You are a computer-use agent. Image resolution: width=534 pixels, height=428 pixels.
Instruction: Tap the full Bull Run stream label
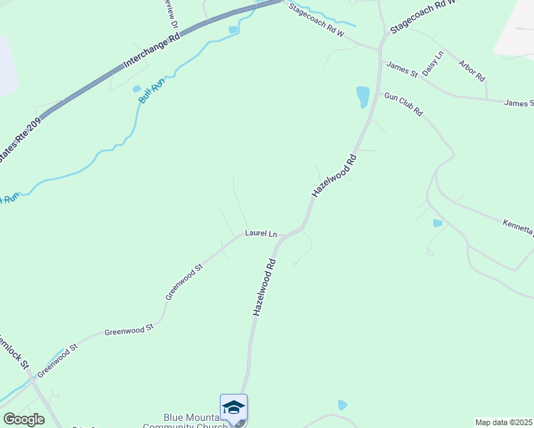[151, 91]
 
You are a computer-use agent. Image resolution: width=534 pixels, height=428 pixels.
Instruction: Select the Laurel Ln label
[261, 233]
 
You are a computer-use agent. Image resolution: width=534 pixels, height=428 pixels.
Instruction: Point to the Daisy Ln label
[433, 63]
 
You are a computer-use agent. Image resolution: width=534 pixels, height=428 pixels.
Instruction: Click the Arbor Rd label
[473, 70]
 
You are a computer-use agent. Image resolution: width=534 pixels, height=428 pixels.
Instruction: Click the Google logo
[24, 419]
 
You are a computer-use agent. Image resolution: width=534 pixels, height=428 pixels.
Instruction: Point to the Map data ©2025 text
[503, 422]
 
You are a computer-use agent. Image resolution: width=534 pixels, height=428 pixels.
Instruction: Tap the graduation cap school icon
[233, 407]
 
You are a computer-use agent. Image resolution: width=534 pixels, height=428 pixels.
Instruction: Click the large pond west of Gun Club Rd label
[363, 97]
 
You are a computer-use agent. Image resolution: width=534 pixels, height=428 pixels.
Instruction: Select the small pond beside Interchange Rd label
[233, 29]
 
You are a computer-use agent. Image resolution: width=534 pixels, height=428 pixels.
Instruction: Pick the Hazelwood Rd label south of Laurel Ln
[264, 287]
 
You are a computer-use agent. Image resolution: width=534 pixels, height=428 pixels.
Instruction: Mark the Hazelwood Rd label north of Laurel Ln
[333, 175]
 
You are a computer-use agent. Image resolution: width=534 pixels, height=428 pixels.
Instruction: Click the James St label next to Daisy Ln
[401, 69]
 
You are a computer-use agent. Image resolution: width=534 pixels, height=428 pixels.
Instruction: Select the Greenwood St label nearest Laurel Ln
[184, 281]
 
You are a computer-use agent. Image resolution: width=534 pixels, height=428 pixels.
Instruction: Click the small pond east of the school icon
[343, 405]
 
